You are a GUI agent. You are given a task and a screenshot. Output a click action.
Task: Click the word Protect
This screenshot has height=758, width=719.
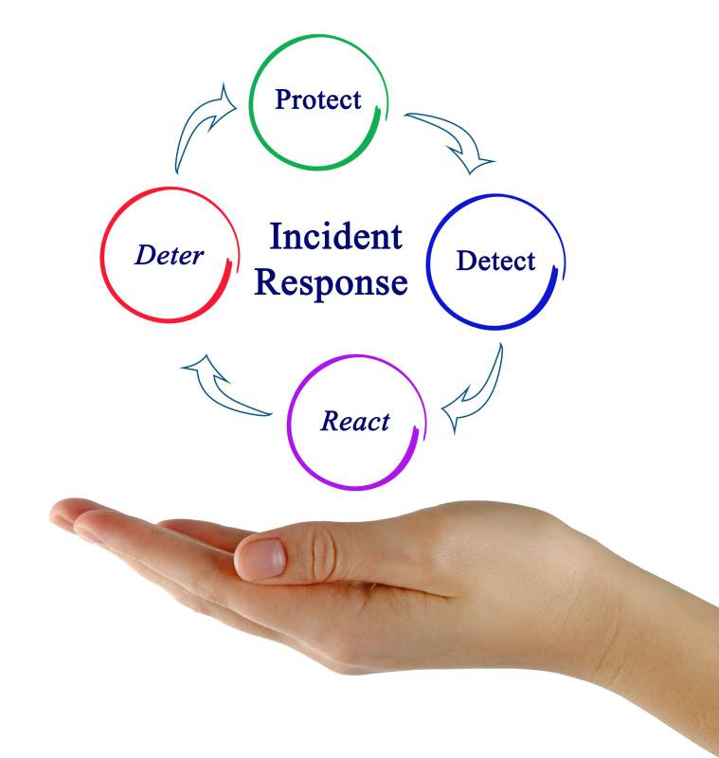coord(318,99)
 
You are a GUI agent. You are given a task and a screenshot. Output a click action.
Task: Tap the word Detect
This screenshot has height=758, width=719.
coord(495,262)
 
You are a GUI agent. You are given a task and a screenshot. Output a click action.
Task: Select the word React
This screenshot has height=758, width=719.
coord(355,422)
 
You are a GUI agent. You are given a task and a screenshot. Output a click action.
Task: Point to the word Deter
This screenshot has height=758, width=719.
coord(169,256)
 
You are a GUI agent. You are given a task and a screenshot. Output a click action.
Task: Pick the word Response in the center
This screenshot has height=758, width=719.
coord(333,281)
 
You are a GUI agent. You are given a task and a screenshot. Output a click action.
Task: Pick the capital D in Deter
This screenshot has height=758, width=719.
coord(145,256)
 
